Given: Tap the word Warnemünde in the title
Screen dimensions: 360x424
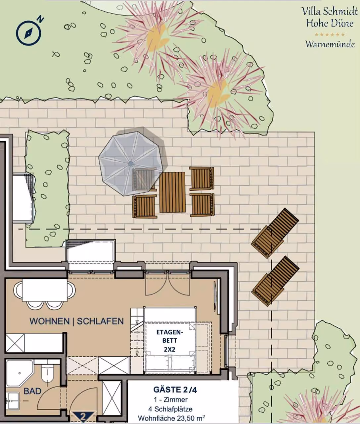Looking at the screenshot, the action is click(330, 44).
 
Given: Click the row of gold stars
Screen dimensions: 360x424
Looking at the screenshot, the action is click(330, 34).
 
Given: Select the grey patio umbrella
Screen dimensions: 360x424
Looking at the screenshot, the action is click(130, 164).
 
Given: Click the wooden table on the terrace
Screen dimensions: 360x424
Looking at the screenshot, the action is click(172, 192).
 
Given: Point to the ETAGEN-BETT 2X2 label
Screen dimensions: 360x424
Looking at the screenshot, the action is click(170, 341).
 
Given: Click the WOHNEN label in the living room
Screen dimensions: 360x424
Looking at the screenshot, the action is click(50, 321).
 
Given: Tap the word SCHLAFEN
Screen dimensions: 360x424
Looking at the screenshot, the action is click(100, 321).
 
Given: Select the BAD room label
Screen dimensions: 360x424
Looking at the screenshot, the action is click(32, 391).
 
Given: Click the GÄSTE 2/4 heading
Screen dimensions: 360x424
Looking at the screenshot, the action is click(175, 390).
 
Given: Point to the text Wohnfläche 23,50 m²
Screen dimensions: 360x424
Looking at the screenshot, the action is click(171, 418).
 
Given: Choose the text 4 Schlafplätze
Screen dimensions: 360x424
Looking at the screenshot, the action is click(170, 409).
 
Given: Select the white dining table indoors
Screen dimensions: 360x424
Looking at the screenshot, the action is click(45, 290).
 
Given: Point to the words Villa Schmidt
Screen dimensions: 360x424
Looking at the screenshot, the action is click(330, 11).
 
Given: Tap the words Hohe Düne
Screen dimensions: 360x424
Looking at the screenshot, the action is click(330, 23).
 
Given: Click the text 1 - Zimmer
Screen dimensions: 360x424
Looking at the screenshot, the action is click(171, 399).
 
